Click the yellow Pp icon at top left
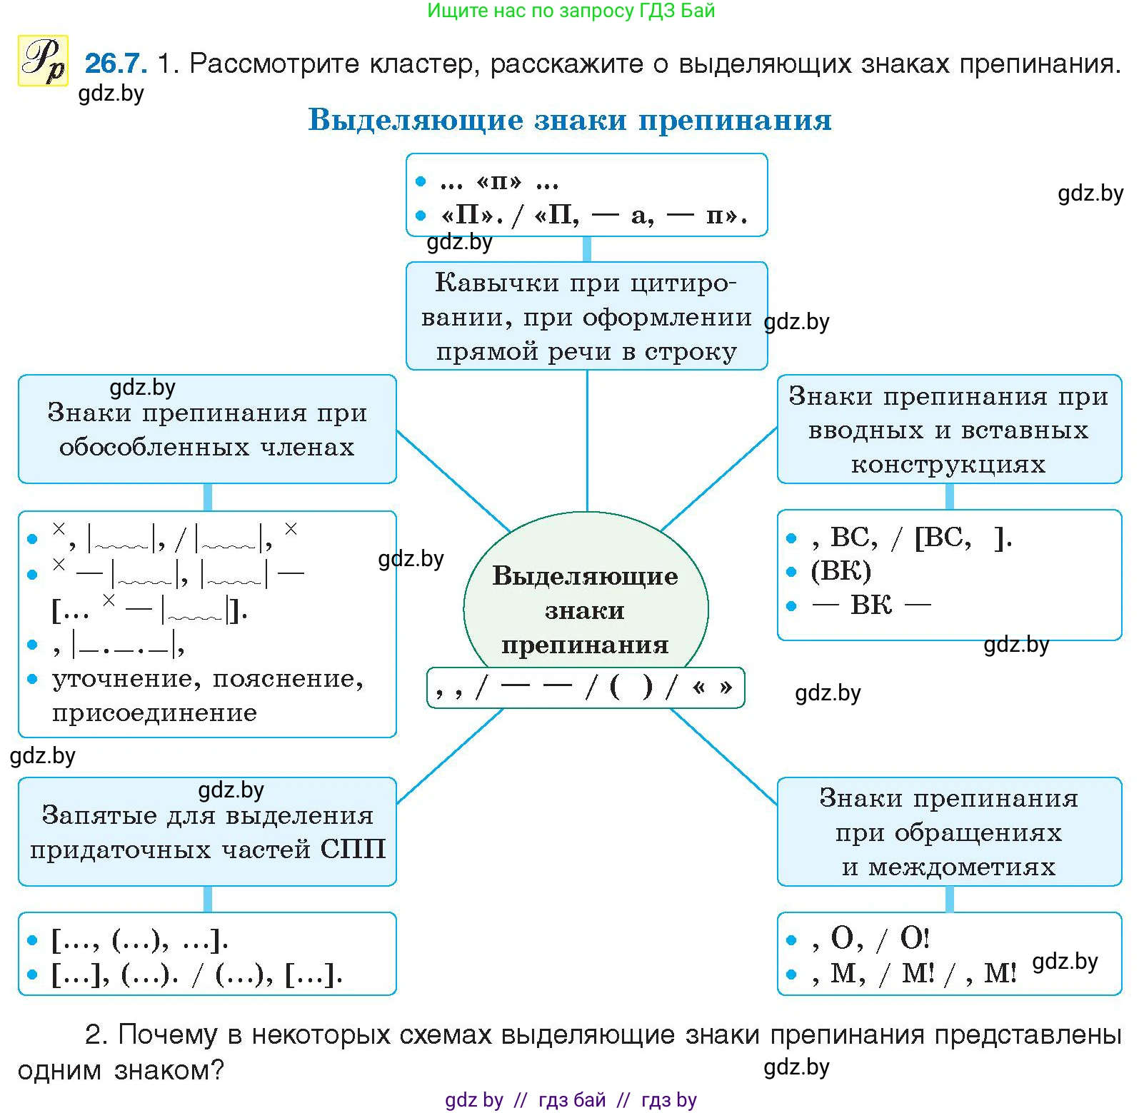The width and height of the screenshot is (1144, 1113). [43, 61]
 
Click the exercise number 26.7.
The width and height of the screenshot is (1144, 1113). [116, 64]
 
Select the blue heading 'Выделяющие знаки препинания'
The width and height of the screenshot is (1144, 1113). [569, 120]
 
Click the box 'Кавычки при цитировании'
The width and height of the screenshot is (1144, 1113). [586, 316]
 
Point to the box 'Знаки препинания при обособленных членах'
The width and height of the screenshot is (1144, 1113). [207, 429]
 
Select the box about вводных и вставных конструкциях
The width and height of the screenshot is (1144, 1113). [948, 429]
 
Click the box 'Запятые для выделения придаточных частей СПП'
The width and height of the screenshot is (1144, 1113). [207, 832]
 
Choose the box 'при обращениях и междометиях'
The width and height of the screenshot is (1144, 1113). [948, 832]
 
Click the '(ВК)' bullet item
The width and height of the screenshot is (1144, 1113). [841, 571]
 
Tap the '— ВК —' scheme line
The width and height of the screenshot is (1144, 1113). [871, 605]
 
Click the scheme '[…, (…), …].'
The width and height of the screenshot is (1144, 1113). [140, 940]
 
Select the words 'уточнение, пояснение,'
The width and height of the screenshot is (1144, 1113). [208, 679]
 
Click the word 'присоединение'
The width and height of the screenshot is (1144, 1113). [154, 712]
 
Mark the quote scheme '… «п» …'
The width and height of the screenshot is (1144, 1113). [498, 182]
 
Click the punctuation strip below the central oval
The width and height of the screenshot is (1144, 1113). [585, 688]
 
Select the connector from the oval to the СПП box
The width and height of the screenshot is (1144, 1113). [450, 756]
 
